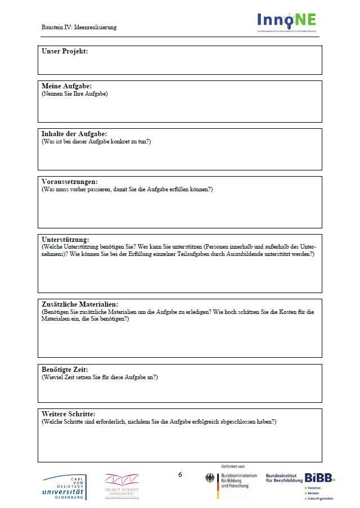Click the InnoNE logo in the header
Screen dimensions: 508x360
[x=287, y=21]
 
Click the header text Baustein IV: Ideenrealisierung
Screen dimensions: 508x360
[x=79, y=27]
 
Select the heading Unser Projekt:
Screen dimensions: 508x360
[x=65, y=52]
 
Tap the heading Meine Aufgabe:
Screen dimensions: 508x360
[x=66, y=86]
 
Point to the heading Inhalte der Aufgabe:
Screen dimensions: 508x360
[x=74, y=134]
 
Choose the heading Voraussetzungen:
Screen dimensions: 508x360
[x=70, y=182]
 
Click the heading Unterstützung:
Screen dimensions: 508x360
[x=65, y=240]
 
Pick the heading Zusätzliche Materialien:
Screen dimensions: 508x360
[x=80, y=304]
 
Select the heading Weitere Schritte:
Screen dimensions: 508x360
[x=69, y=414]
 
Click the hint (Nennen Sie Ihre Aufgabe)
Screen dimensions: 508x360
[x=74, y=93]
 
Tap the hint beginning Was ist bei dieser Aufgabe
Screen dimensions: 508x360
[x=96, y=141]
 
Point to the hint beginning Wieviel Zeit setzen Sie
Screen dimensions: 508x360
[x=100, y=376]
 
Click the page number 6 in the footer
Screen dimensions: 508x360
[x=180, y=475]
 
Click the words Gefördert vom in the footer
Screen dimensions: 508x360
[x=233, y=467]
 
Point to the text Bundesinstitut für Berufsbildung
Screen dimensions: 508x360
[x=283, y=478]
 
